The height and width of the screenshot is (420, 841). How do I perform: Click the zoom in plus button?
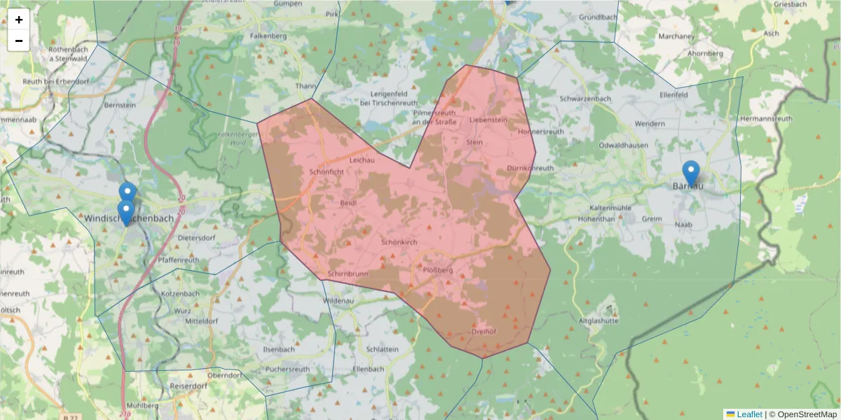(x=19, y=20)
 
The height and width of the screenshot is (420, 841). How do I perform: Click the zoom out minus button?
(x=19, y=41)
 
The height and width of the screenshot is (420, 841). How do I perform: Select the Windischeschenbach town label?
(x=129, y=218)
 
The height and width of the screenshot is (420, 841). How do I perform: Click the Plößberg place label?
(x=439, y=269)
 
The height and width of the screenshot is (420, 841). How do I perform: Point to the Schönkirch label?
(x=399, y=241)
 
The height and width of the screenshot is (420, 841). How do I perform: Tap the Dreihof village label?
(x=484, y=332)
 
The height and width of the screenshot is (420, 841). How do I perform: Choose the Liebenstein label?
(x=488, y=120)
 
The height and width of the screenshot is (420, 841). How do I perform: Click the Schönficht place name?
(x=326, y=171)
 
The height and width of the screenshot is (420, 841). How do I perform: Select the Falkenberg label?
(x=268, y=35)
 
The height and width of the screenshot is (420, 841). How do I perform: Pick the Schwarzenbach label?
(x=585, y=99)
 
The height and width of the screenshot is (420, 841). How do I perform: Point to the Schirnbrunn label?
(x=347, y=273)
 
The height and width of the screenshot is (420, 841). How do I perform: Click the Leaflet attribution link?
(x=748, y=414)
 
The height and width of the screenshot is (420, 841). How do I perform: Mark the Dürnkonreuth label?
(x=530, y=168)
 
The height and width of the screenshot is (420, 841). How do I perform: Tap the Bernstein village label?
(x=119, y=105)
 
